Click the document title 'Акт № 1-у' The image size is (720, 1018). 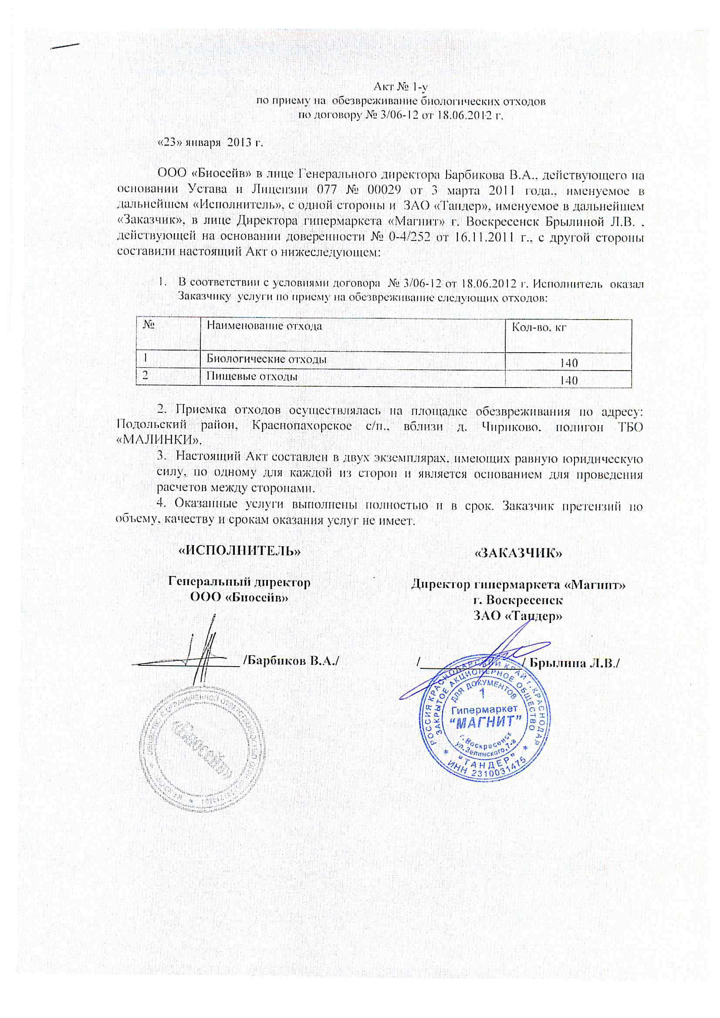pos(400,86)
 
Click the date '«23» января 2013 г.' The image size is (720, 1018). pos(211,143)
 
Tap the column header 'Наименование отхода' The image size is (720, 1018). pos(264,326)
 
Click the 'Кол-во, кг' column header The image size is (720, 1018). pos(539,328)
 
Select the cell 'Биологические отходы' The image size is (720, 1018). pos(267,359)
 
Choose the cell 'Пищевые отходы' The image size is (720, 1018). pos(252,377)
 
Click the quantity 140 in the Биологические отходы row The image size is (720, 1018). pos(568,363)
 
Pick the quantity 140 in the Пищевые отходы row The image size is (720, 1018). pos(568,381)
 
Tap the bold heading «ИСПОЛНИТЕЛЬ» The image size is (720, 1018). pos(240,551)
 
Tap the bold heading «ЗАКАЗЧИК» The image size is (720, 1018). pos(518,553)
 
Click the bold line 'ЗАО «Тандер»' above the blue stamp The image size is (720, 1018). pos(518,615)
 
